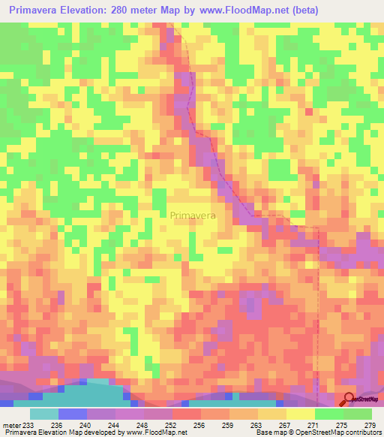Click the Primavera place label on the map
coord(193,215)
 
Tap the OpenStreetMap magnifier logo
coord(349,398)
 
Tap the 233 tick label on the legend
coord(29,425)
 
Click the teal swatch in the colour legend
coord(43,414)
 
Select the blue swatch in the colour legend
coord(72,414)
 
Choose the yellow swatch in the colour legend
coord(301,414)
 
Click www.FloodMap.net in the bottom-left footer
coord(154,432)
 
